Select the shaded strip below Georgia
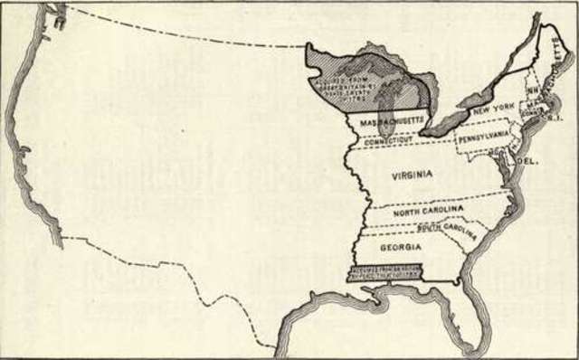(389, 273)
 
